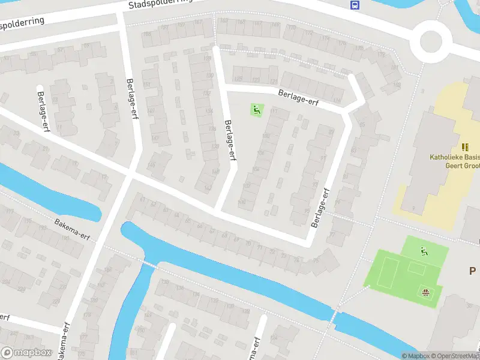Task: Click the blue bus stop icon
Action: click(355, 5)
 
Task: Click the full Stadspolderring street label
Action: click(161, 4)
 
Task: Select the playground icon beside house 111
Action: click(257, 110)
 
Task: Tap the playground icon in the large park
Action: click(424, 251)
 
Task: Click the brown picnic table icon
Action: click(426, 292)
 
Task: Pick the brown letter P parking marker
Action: click(473, 271)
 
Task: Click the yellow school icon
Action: click(465, 146)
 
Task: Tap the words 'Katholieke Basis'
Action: click(454, 158)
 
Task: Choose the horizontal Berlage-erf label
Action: click(298, 97)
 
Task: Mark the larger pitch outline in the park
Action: click(389, 274)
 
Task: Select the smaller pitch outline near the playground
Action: click(416, 268)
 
